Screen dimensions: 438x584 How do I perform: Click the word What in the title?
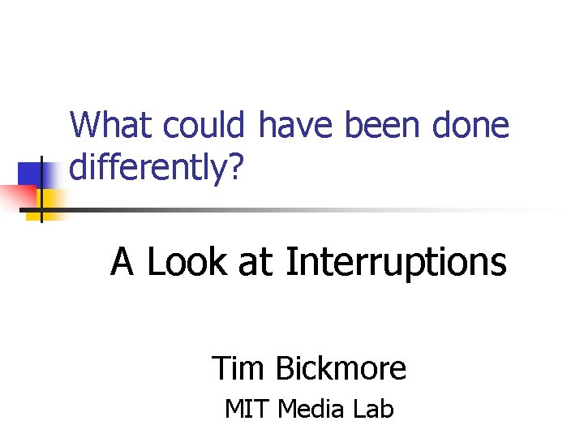111,126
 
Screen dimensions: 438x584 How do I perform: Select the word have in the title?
298,126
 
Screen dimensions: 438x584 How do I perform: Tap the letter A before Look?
122,262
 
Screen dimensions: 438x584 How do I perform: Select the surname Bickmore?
341,368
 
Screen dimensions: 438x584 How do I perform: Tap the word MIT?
247,410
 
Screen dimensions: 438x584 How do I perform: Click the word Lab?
373,410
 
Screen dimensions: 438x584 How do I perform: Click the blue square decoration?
29,174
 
